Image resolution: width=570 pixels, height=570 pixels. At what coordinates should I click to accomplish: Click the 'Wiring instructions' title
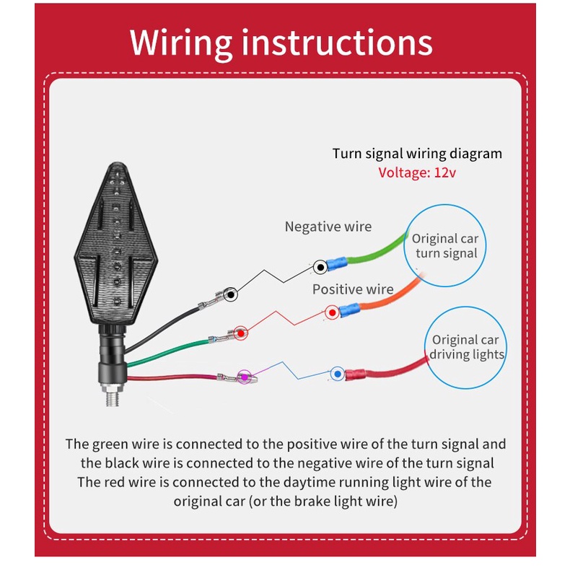tap(281, 43)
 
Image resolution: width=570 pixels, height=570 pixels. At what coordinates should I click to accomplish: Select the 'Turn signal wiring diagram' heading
tap(417, 154)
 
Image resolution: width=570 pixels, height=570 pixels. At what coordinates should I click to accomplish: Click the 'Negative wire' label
tap(328, 227)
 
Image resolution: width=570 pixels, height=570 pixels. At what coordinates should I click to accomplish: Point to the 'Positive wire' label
tap(353, 289)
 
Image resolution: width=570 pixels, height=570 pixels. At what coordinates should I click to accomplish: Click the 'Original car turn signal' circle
tap(444, 245)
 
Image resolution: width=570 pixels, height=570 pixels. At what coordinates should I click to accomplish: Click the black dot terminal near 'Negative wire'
tap(319, 268)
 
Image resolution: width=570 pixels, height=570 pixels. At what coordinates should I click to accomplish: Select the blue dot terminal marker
tap(336, 374)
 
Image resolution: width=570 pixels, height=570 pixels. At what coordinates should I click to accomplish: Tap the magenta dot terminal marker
tap(245, 377)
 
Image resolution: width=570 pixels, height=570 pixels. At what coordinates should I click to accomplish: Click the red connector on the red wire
tap(358, 374)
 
